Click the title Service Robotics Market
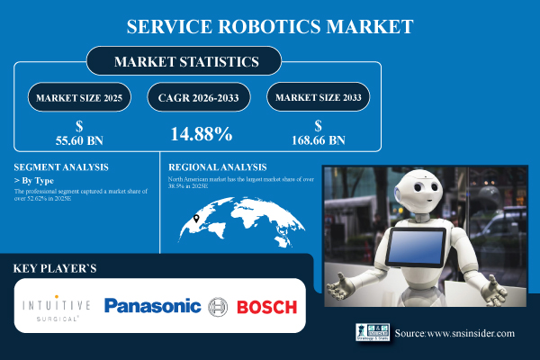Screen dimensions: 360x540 pos(269,26)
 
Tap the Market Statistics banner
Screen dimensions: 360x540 pos(184,62)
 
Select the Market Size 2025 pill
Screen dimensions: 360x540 pos(79,97)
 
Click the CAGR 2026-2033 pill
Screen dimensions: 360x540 pos(202,97)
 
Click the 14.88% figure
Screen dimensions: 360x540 pos(202,134)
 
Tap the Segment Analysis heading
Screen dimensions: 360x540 pos(62,167)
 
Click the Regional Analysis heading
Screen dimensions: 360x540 pos(218,167)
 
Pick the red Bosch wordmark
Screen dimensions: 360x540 pos(265,307)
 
